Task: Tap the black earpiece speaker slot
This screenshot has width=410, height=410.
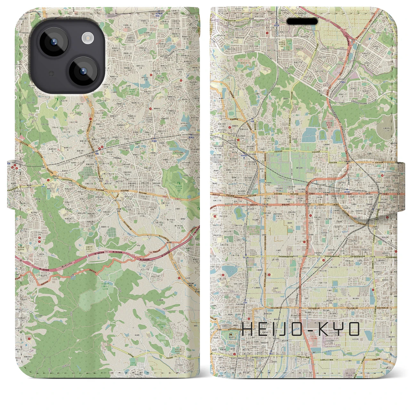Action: click(302, 21)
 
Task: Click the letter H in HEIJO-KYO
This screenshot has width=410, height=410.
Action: click(248, 329)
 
